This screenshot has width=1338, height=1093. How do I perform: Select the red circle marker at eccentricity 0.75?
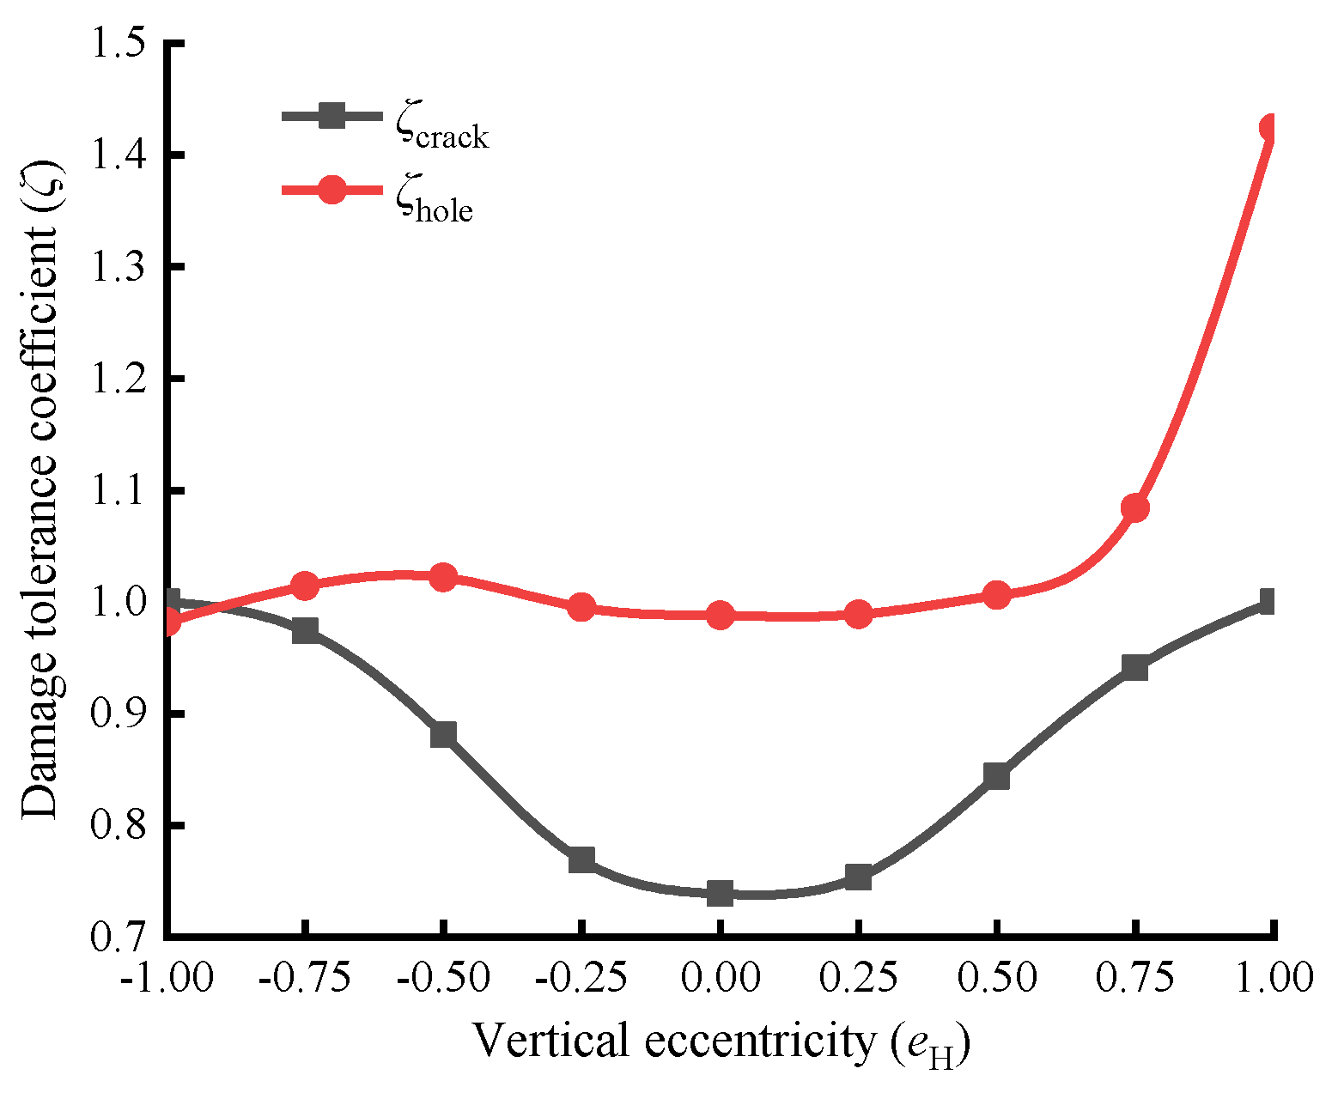pos(1134,508)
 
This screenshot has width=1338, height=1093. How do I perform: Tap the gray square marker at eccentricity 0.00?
pos(720,893)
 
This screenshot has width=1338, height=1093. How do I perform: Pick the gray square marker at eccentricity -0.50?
pos(443,734)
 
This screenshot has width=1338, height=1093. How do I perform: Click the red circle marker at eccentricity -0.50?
pos(443,577)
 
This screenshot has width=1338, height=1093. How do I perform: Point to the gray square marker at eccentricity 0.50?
pos(996,776)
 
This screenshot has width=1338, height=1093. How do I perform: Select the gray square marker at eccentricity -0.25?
pos(581,859)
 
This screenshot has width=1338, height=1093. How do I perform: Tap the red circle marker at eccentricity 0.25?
pos(858,615)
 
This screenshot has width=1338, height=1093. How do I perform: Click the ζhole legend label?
pos(435,203)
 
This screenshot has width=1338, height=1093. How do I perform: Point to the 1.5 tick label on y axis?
pos(119,43)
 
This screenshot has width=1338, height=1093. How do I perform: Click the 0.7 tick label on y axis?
pos(119,936)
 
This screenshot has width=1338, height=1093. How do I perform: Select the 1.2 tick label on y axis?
pos(119,378)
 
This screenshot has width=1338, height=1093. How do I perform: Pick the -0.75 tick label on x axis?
pos(304,978)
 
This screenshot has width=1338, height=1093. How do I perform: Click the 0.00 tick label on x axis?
pos(720,978)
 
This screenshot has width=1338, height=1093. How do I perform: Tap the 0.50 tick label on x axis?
pos(996,978)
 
